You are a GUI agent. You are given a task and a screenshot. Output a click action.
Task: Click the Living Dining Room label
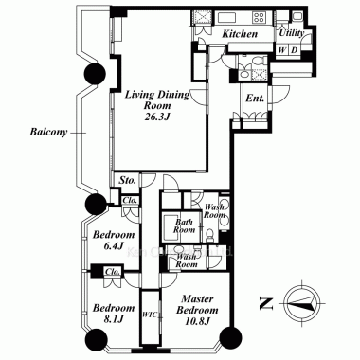157,99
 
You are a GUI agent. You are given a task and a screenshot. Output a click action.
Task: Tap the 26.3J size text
157,117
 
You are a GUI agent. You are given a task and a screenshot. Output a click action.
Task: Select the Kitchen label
240,34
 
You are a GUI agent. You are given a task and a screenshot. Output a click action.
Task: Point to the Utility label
291,33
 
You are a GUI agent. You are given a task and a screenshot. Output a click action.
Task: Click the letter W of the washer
282,50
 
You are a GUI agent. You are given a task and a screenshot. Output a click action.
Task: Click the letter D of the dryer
294,50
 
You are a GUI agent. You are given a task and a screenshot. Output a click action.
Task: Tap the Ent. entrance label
255,99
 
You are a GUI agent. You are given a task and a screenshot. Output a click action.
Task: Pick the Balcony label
48,132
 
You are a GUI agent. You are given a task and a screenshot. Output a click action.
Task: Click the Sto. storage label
128,180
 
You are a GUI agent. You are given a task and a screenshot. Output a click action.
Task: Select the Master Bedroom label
197,304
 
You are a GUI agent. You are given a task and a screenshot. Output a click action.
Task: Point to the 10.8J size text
197,321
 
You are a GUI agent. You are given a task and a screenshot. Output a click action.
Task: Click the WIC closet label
148,315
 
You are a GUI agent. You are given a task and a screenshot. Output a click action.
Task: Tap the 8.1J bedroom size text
114,319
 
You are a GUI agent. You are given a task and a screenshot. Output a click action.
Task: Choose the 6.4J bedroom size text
114,246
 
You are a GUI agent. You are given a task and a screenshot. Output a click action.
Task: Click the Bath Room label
184,225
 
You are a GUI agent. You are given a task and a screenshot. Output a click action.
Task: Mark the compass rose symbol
302,302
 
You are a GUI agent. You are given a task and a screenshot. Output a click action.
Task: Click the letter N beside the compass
266,303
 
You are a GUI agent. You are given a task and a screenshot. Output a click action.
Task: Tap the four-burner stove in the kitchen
259,17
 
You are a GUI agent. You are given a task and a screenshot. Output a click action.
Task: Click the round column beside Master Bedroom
230,337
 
